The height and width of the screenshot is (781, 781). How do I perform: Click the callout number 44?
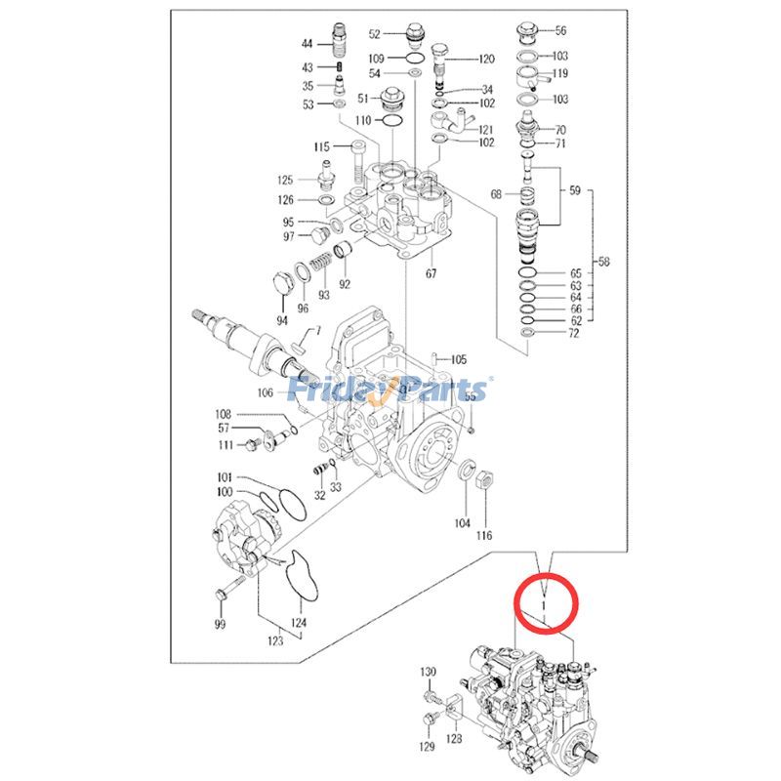pyautogui.click(x=307, y=45)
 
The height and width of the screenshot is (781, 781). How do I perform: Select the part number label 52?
pyautogui.click(x=374, y=33)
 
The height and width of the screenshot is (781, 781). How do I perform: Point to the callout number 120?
pyautogui.click(x=486, y=59)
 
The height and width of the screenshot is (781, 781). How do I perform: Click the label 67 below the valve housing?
pyautogui.click(x=431, y=273)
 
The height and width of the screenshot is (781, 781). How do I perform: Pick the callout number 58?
pyautogui.click(x=603, y=262)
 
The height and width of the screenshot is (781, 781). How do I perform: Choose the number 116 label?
pyautogui.click(x=484, y=535)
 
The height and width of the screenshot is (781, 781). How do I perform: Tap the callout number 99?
pyautogui.click(x=220, y=623)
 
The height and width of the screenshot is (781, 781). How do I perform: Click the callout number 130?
pyautogui.click(x=428, y=672)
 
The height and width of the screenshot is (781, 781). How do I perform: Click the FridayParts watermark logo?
pyautogui.click(x=391, y=391)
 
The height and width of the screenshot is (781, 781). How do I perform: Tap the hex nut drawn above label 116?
pyautogui.click(x=482, y=478)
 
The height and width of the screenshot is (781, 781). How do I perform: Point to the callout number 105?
pyautogui.click(x=458, y=359)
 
